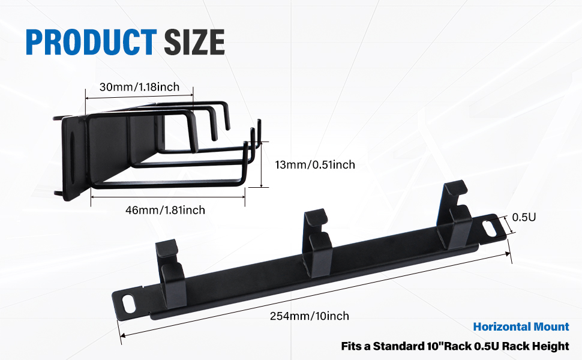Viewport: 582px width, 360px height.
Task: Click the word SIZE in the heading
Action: (194, 41)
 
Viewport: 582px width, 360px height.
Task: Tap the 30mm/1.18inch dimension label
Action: (139, 87)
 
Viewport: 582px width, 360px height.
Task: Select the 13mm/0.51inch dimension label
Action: (316, 164)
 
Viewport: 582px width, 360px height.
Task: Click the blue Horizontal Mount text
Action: (521, 326)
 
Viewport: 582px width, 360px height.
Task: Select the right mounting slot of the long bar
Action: (488, 227)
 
